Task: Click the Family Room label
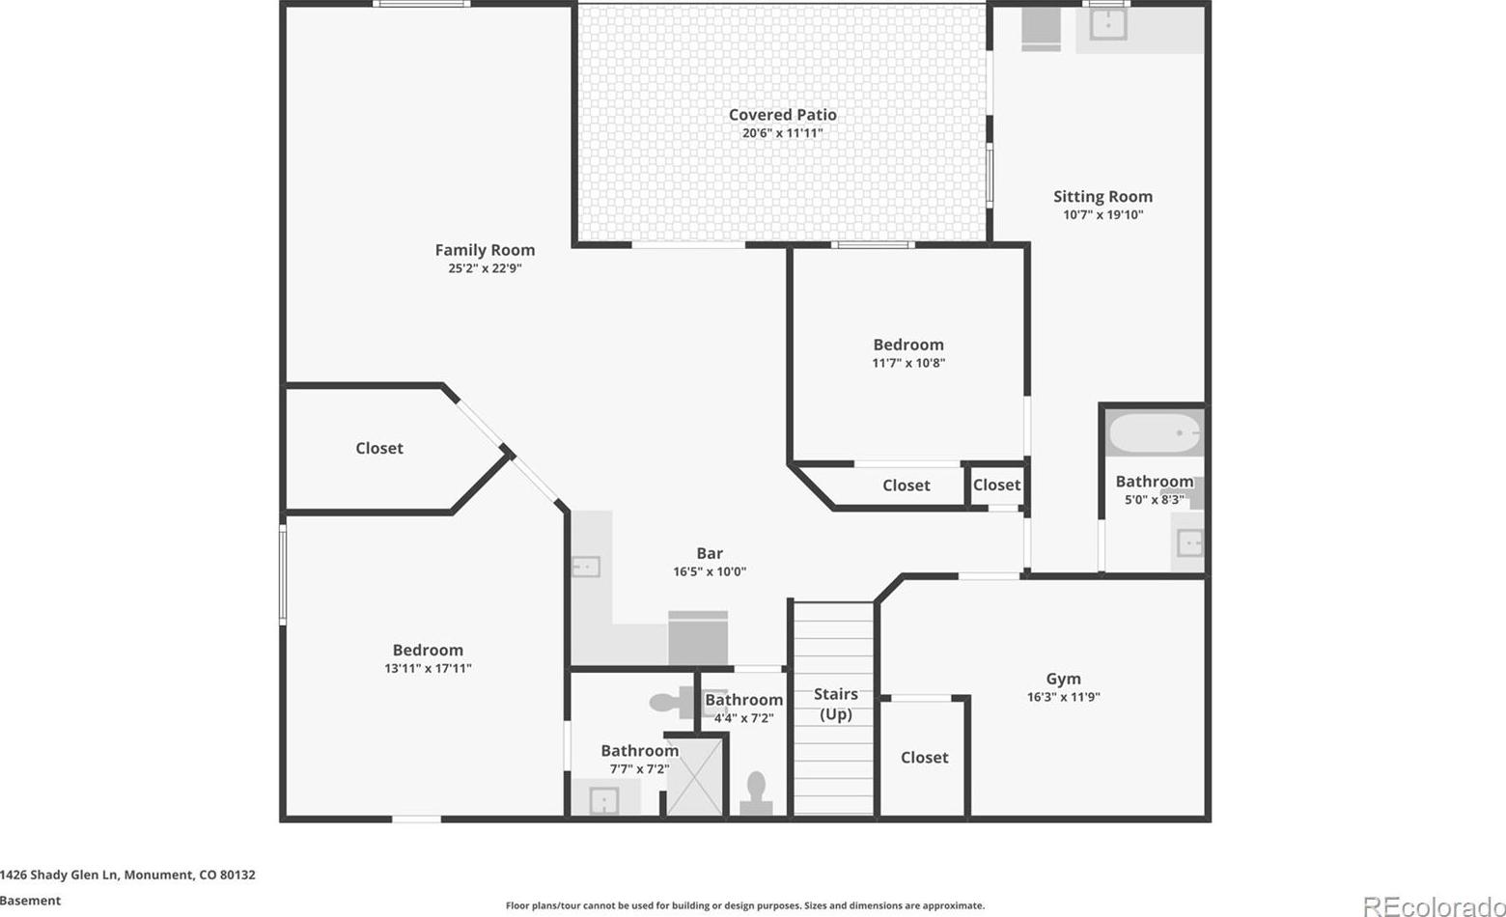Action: point(485,250)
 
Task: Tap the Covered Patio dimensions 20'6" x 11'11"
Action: point(783,133)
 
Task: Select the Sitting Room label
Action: point(1102,197)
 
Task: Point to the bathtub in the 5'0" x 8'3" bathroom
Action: point(1155,433)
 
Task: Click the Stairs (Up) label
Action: point(836,704)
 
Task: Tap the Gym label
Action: point(1064,679)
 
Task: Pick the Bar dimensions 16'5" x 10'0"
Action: point(710,571)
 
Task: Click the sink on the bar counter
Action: point(586,567)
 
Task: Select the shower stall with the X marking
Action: point(694,777)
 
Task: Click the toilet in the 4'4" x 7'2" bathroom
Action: point(756,793)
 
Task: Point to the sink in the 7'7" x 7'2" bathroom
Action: point(603,801)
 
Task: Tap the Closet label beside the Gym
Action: point(925,758)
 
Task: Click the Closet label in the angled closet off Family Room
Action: point(379,449)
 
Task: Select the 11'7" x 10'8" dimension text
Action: point(908,363)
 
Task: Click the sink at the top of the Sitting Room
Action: point(1108,25)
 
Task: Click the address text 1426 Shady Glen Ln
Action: point(59,875)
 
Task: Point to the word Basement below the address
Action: point(30,901)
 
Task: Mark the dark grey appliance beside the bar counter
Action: point(698,638)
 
